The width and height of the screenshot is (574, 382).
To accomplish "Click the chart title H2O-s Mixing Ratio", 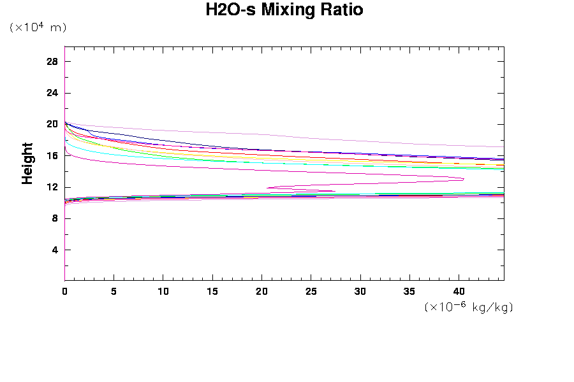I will click(284, 10).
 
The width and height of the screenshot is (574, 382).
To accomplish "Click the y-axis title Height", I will click(27, 163).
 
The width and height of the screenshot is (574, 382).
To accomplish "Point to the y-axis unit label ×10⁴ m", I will click(38, 27).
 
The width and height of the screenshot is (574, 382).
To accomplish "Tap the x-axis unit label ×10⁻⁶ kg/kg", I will click(469, 307).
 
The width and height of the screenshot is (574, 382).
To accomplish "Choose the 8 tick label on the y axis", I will click(55, 218).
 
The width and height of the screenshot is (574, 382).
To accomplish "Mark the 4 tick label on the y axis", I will click(55, 250).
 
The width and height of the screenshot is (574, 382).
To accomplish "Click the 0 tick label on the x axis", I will click(64, 291).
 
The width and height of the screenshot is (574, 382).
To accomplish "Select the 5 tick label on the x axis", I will click(114, 291).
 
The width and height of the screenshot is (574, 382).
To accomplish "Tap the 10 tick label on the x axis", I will click(163, 291).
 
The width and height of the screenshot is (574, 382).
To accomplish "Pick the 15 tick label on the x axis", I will click(212, 291).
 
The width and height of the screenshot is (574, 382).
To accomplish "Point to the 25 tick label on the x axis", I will click(311, 291).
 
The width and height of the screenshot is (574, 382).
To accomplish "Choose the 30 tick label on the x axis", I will click(360, 291).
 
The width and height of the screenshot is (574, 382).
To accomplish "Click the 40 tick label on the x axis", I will click(459, 291).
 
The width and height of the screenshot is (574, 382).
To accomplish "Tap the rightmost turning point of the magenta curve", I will click(464, 179).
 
